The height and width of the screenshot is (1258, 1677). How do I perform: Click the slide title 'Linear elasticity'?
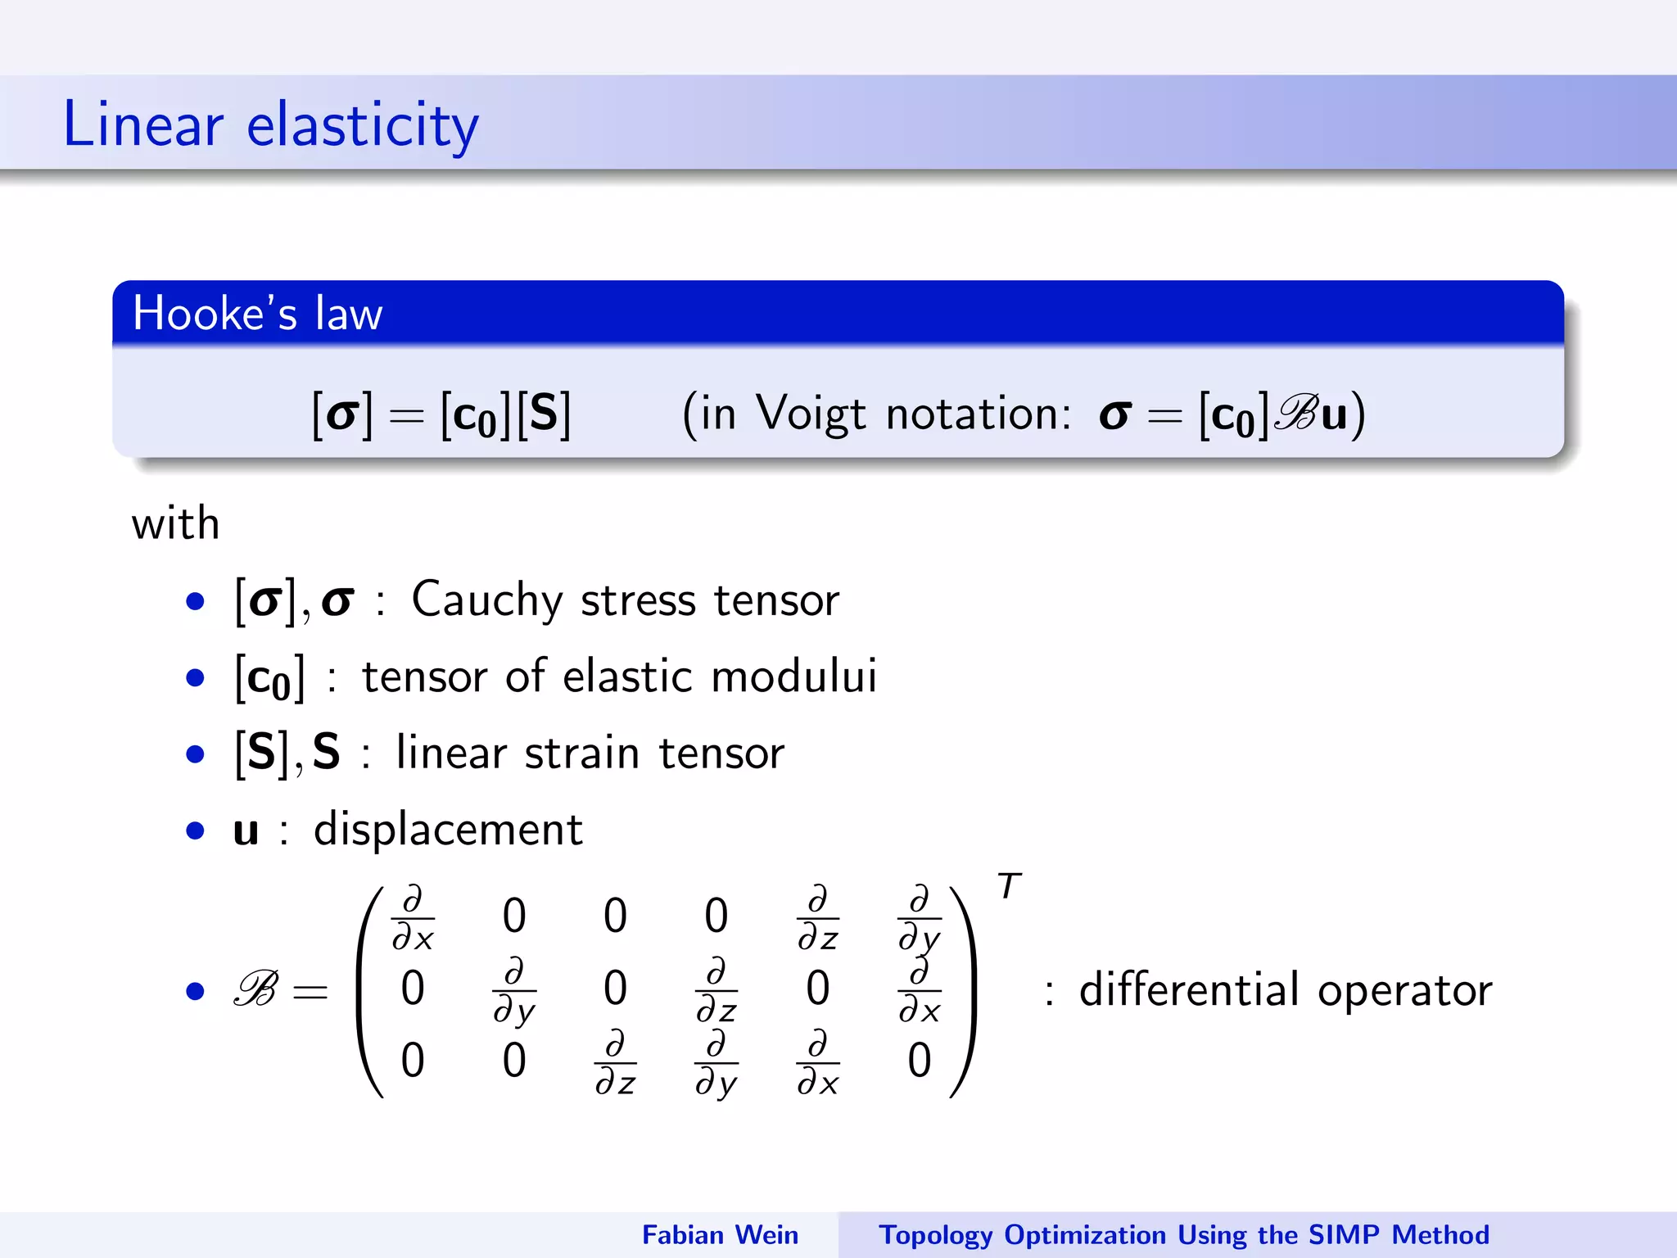coord(270,124)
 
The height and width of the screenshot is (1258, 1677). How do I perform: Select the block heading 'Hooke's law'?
coord(257,313)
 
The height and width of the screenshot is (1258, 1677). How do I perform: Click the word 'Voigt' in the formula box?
coord(811,413)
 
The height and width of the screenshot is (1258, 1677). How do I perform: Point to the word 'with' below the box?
coord(175,523)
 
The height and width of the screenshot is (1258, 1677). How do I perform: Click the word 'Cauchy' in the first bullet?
coord(486,600)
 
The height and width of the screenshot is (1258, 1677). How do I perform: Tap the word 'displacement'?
coord(448,829)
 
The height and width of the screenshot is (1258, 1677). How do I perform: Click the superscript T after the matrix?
coord(1009,886)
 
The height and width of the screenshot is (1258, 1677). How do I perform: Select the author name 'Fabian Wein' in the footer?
coord(719,1234)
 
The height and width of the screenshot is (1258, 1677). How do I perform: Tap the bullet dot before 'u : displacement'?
coord(195,831)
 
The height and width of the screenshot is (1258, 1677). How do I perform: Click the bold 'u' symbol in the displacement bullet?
coord(246,830)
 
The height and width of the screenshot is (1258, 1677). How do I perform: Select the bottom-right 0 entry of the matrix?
coord(919,1061)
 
